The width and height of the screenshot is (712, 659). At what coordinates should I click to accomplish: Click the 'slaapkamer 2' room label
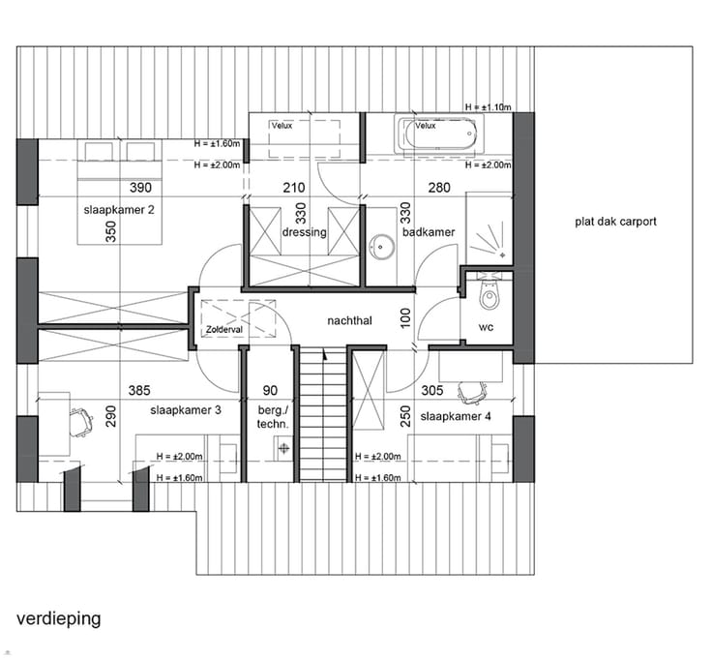tap(119, 210)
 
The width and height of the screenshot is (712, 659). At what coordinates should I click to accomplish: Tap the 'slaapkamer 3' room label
tap(186, 410)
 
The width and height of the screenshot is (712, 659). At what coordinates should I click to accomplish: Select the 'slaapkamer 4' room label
tap(456, 416)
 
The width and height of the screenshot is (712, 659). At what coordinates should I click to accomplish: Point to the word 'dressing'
tap(304, 232)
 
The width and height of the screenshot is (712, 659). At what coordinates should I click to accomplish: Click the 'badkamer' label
tap(429, 232)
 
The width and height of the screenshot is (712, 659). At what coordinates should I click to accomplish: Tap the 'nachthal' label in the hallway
tap(349, 320)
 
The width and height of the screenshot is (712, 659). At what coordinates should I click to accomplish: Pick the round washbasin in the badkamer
tap(381, 247)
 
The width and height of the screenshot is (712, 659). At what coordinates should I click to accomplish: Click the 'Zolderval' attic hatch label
tap(224, 329)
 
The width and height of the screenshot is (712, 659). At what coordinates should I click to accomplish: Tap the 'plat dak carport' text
tap(615, 222)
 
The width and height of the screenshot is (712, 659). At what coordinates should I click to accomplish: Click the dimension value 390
tap(141, 188)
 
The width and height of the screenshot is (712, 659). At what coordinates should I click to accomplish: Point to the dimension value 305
tap(432, 391)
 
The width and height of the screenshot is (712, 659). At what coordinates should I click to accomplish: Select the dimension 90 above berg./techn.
tap(270, 391)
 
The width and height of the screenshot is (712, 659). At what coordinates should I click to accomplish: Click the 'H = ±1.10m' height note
tap(489, 107)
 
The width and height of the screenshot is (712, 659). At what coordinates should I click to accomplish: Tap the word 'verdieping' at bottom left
tap(59, 619)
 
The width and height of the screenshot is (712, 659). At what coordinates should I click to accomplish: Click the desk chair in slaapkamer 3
tap(81, 422)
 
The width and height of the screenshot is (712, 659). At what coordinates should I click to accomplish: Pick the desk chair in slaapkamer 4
tap(472, 392)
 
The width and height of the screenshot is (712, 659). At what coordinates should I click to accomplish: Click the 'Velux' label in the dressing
tap(282, 126)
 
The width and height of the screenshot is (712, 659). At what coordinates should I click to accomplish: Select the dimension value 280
tap(439, 188)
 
